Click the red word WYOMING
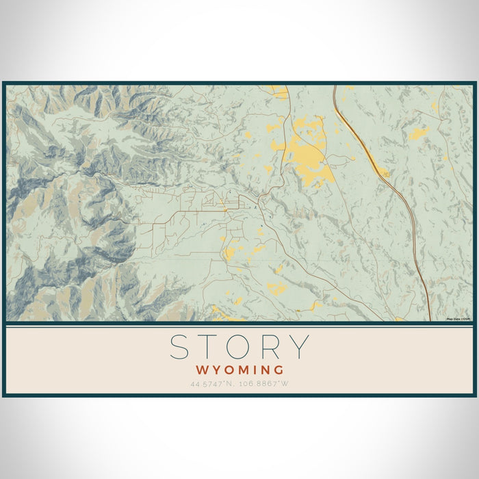(x=239, y=370)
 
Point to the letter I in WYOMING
(x=253, y=370)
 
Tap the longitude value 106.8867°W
(x=264, y=383)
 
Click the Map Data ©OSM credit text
(x=458, y=319)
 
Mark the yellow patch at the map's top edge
(x=279, y=90)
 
